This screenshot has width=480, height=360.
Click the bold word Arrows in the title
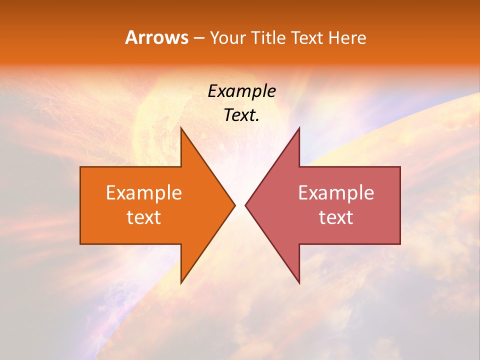(156, 37)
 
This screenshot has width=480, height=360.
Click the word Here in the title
(348, 37)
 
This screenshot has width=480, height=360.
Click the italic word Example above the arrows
(241, 91)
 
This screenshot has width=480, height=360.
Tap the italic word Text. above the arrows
(241, 115)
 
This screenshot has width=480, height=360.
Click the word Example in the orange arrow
(143, 192)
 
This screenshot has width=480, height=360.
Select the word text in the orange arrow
(143, 217)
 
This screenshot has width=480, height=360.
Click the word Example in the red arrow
(336, 192)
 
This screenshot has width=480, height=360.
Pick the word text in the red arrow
(336, 217)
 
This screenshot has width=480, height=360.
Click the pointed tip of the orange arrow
(234, 205)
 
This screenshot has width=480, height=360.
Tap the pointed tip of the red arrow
(245, 205)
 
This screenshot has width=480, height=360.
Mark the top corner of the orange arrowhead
(181, 128)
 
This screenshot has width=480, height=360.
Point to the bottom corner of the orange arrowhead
(181, 283)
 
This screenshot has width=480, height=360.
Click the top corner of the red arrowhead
(299, 128)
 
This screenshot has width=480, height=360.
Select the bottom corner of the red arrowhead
(299, 283)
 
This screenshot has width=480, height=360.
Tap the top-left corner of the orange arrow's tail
(81, 167)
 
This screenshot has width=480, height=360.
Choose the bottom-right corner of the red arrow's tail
(400, 243)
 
